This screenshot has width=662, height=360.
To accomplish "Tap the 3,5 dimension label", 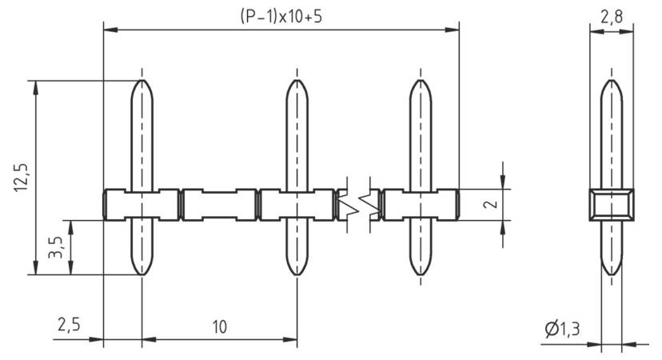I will pos(55,247).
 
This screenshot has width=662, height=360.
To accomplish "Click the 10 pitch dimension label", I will pos(219,326).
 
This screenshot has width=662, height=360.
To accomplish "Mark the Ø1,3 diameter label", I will pos(563,329).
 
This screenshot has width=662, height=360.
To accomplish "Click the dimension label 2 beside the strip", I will pos(491,205).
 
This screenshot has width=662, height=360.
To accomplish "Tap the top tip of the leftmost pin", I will pos(142,81).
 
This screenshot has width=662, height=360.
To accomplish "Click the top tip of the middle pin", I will pos(297,81).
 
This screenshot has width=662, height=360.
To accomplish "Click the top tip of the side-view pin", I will pos(612,81).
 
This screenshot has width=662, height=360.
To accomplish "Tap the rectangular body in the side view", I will pos(612,205).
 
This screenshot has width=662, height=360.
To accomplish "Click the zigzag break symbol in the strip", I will pos(357,205).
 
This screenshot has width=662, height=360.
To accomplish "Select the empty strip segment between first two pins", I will pos(219,205).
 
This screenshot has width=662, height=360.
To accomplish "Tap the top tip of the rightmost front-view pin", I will pos(421,81).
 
